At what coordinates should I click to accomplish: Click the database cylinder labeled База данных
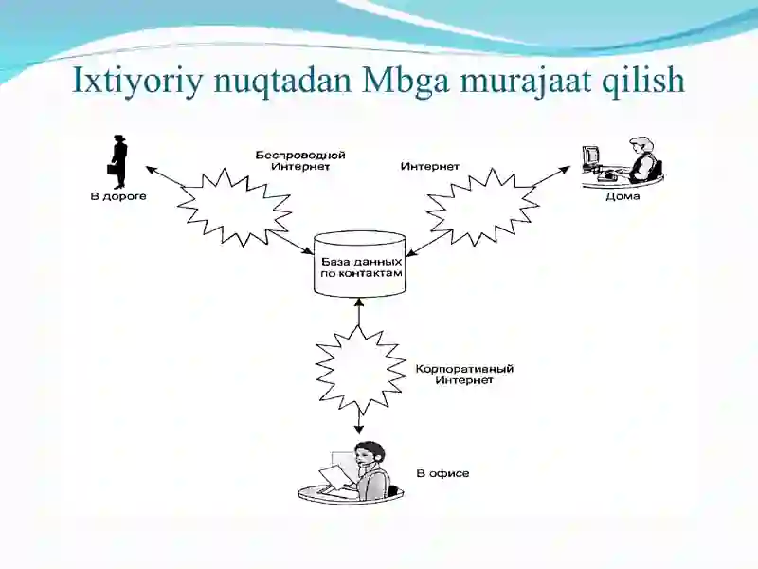tap(360, 265)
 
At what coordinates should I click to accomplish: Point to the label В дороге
tap(118, 196)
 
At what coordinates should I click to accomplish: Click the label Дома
tap(623, 196)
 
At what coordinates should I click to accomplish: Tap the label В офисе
tap(442, 473)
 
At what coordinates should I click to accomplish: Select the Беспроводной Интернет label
tap(300, 161)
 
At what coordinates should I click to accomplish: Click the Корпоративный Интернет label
tap(464, 375)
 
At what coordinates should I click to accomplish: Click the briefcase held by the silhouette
tap(112, 170)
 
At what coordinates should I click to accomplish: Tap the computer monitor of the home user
tap(590, 156)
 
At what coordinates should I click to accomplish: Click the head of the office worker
tap(370, 454)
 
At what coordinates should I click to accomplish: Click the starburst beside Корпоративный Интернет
tap(360, 369)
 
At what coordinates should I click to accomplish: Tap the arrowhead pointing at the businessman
tap(151, 170)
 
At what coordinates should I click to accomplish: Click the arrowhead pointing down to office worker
tap(358, 430)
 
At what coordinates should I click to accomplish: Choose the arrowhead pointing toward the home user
tap(566, 170)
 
